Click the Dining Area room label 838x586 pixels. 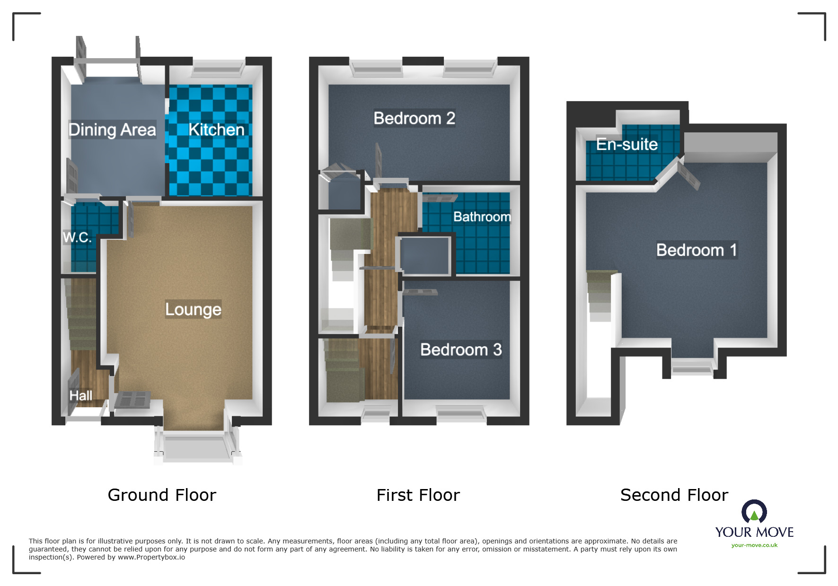coord(112,130)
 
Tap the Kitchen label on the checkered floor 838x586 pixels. coord(216,130)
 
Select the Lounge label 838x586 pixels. coord(193,309)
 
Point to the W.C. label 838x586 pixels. coord(77,237)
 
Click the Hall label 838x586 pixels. coord(81,395)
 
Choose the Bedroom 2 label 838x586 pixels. coord(414,118)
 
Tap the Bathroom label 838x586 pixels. coord(482,217)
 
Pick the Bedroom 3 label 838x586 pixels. coord(461,350)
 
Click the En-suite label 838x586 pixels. coord(626,144)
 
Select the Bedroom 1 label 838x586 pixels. coord(696,250)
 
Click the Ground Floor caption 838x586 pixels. coord(162,495)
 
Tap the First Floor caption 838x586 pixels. coord(418,495)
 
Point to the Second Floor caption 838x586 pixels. coord(674,495)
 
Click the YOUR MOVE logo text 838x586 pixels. coord(754,532)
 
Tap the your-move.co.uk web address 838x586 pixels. coord(754,545)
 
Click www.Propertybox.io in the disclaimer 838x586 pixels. coord(151,557)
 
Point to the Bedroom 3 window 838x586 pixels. coord(461,414)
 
